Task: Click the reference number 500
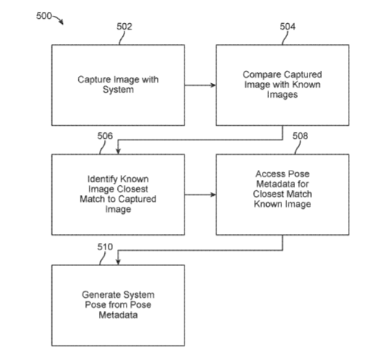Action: coord(44,16)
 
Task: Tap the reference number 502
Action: coord(124,27)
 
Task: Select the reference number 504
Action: coord(288,27)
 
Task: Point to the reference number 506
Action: coord(105,136)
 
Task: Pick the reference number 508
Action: coord(300,136)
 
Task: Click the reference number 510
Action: coord(105,247)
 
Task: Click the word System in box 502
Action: coord(118,90)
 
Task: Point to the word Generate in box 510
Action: coord(101,295)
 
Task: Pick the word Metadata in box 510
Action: coord(118,315)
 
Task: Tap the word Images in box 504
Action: coord(282,95)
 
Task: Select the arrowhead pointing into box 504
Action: coord(213,85)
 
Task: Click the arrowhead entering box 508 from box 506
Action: coord(213,194)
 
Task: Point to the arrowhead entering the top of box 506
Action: coord(118,151)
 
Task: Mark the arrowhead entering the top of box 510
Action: coord(118,262)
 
